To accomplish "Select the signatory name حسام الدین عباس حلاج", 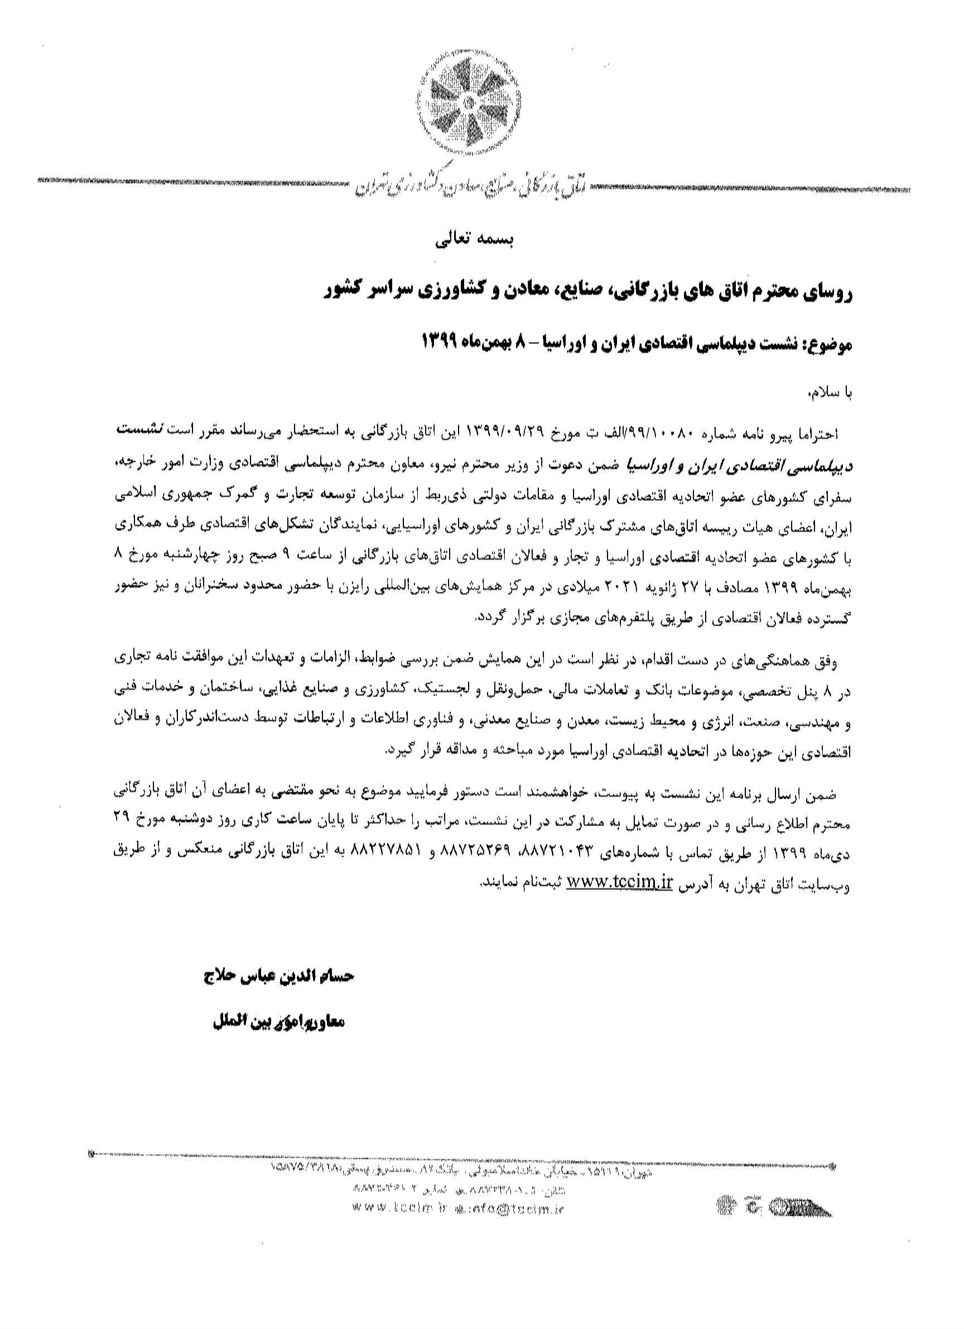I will tap(277, 976).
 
